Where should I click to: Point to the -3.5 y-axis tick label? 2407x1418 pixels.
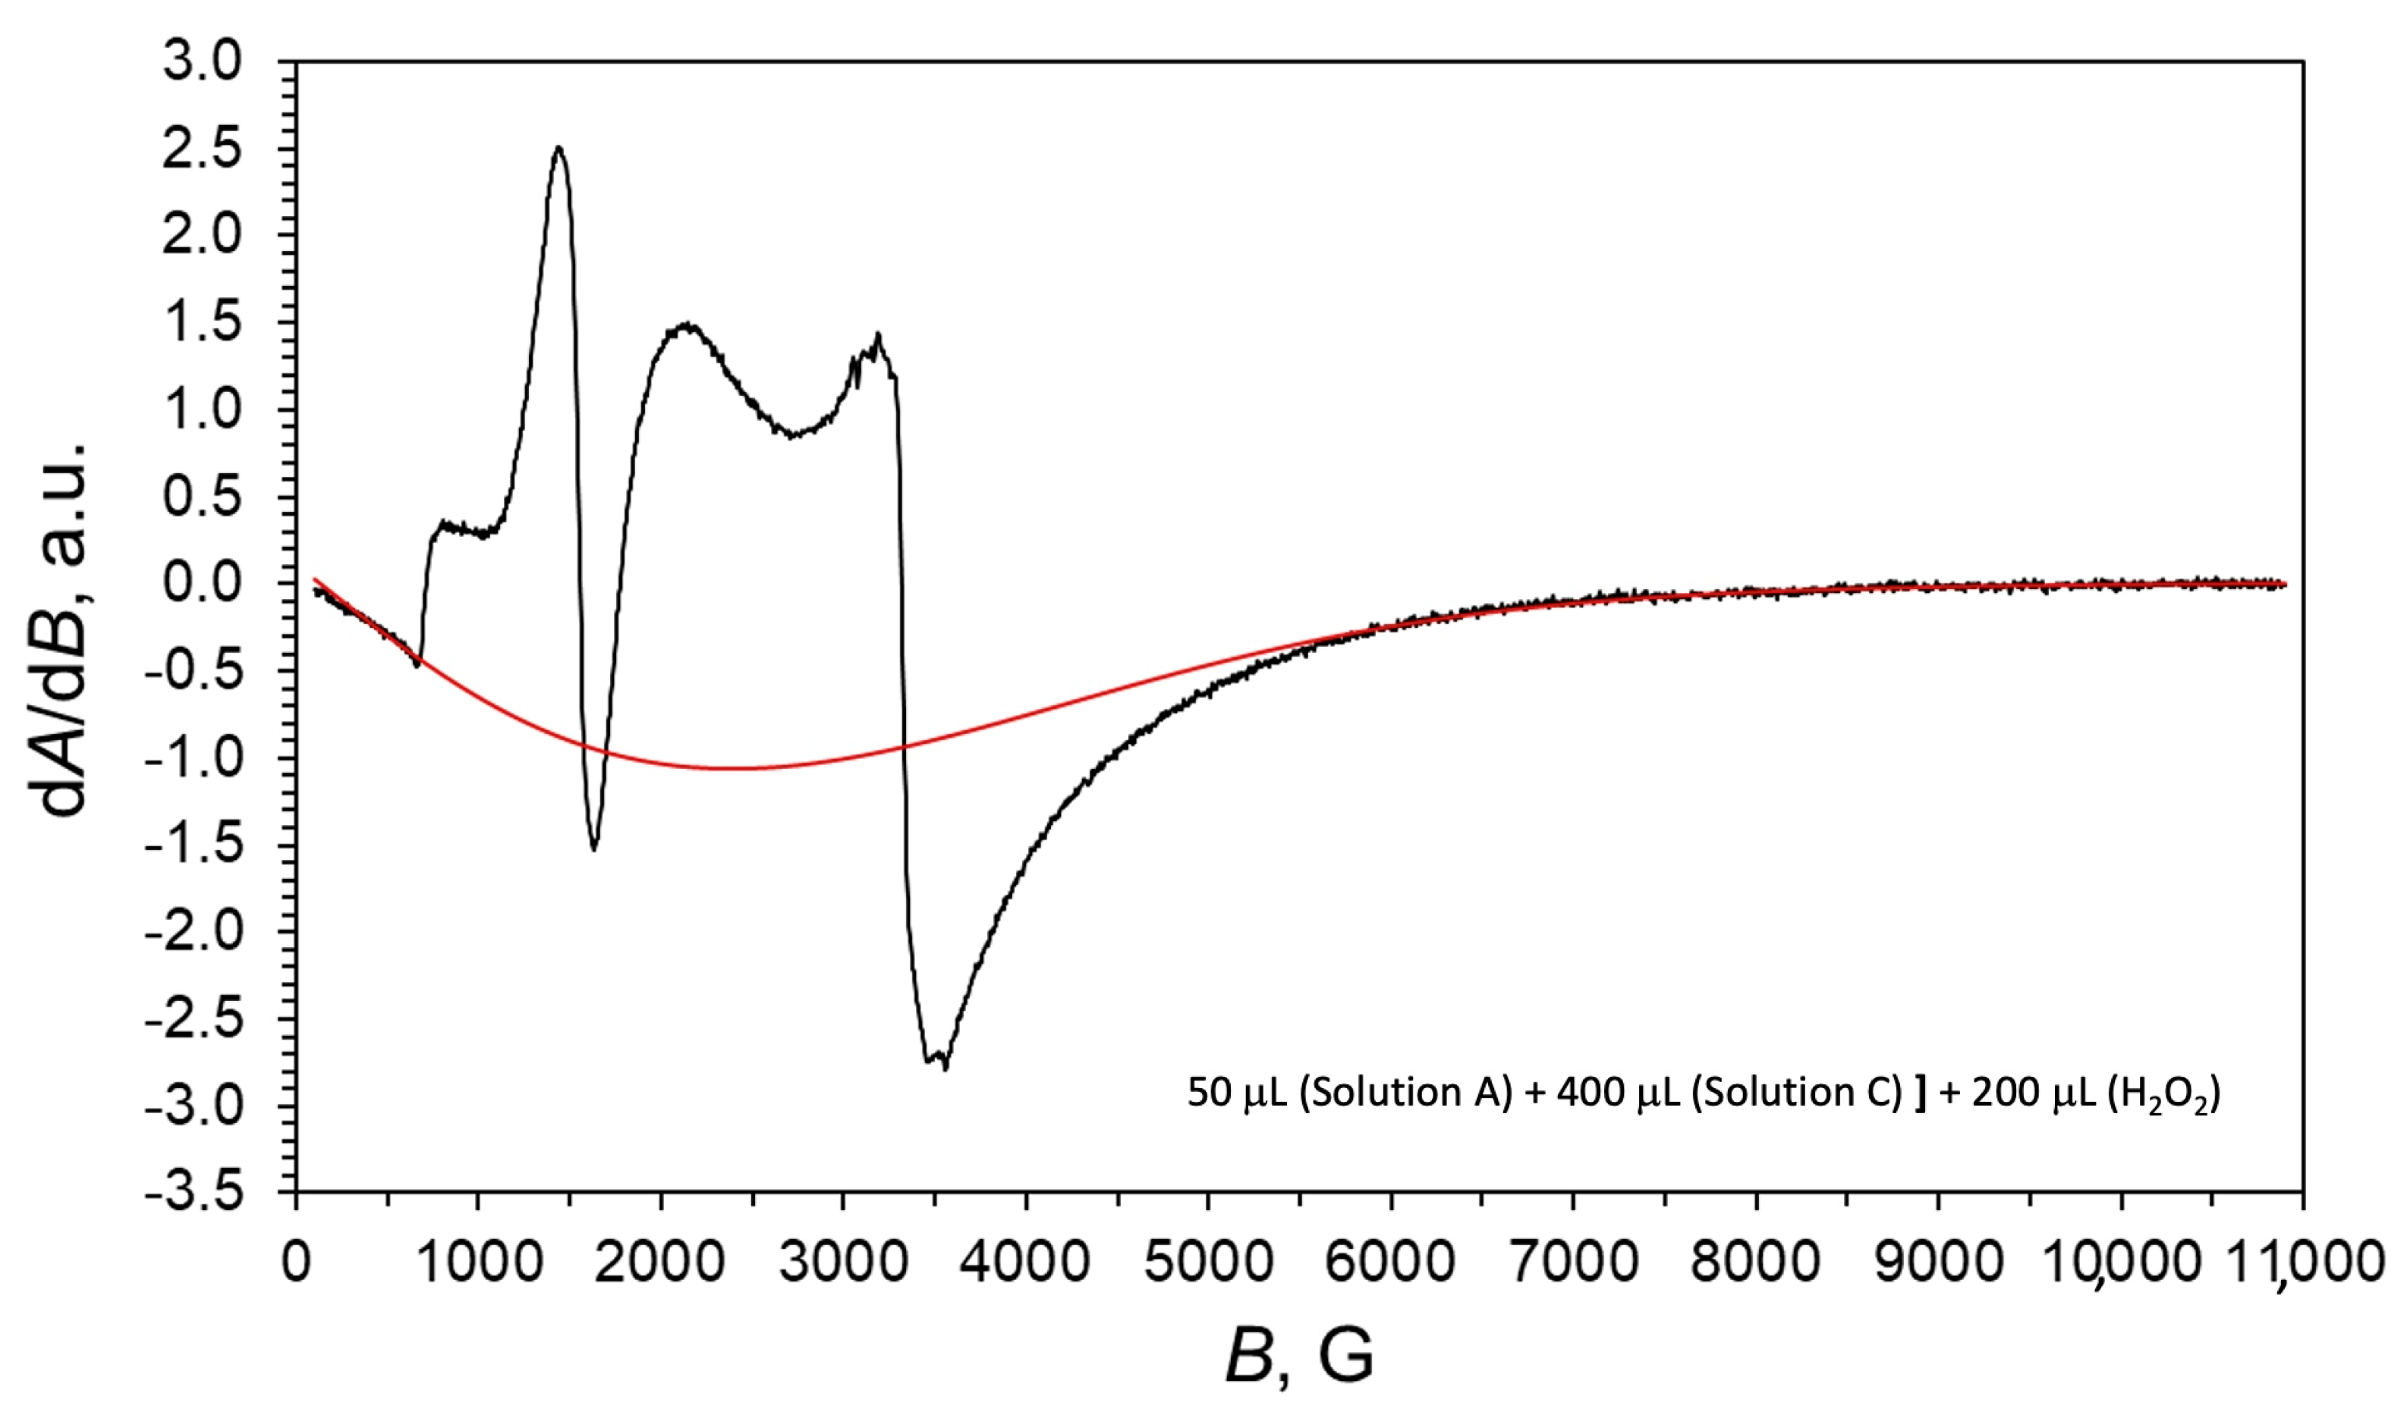pos(194,1193)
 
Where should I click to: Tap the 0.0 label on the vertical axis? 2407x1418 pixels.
pos(202,583)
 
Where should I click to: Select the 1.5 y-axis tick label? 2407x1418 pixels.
pos(202,323)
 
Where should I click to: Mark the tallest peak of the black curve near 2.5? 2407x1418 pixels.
pos(559,148)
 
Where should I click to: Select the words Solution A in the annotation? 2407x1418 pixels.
pos(1405,1092)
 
